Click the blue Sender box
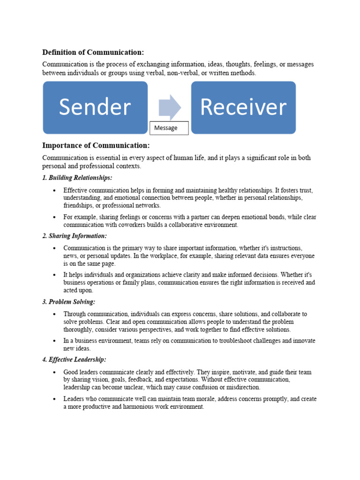point(95,107)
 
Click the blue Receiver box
point(243,107)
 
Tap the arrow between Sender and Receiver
point(170,107)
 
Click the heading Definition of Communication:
point(93,52)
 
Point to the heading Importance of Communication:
point(96,145)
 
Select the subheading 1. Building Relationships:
point(77,178)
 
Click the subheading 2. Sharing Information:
point(75,236)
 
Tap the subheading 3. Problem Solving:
point(69,302)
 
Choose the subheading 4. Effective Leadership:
point(74,360)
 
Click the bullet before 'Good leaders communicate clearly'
point(54,372)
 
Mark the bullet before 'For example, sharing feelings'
point(54,217)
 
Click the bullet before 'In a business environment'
point(54,341)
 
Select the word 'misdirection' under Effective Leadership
point(244,387)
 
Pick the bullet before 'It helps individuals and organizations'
point(54,275)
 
